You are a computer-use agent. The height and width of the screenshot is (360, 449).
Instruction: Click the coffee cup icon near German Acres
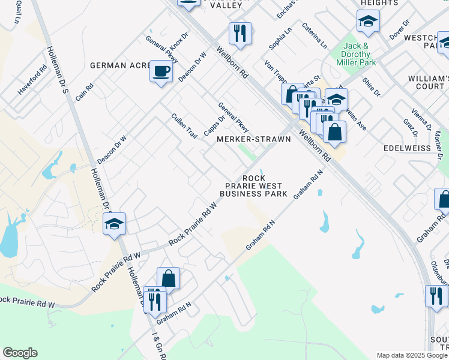(x=160, y=72)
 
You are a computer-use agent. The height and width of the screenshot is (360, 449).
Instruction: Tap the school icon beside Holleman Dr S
(x=114, y=224)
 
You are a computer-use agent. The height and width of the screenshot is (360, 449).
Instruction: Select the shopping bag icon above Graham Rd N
(x=168, y=279)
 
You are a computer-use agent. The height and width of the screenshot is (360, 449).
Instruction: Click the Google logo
(x=20, y=353)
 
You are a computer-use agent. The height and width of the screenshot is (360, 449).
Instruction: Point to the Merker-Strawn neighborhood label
(x=253, y=139)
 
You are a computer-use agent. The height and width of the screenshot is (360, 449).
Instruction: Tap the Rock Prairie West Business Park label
(x=253, y=186)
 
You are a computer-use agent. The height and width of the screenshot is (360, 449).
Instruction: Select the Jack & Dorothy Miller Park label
(x=360, y=54)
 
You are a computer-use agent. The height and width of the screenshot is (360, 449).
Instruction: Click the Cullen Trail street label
(x=184, y=126)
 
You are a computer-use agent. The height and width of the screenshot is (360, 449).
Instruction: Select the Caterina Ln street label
(x=315, y=35)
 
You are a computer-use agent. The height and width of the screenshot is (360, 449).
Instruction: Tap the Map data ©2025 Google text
(x=411, y=355)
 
